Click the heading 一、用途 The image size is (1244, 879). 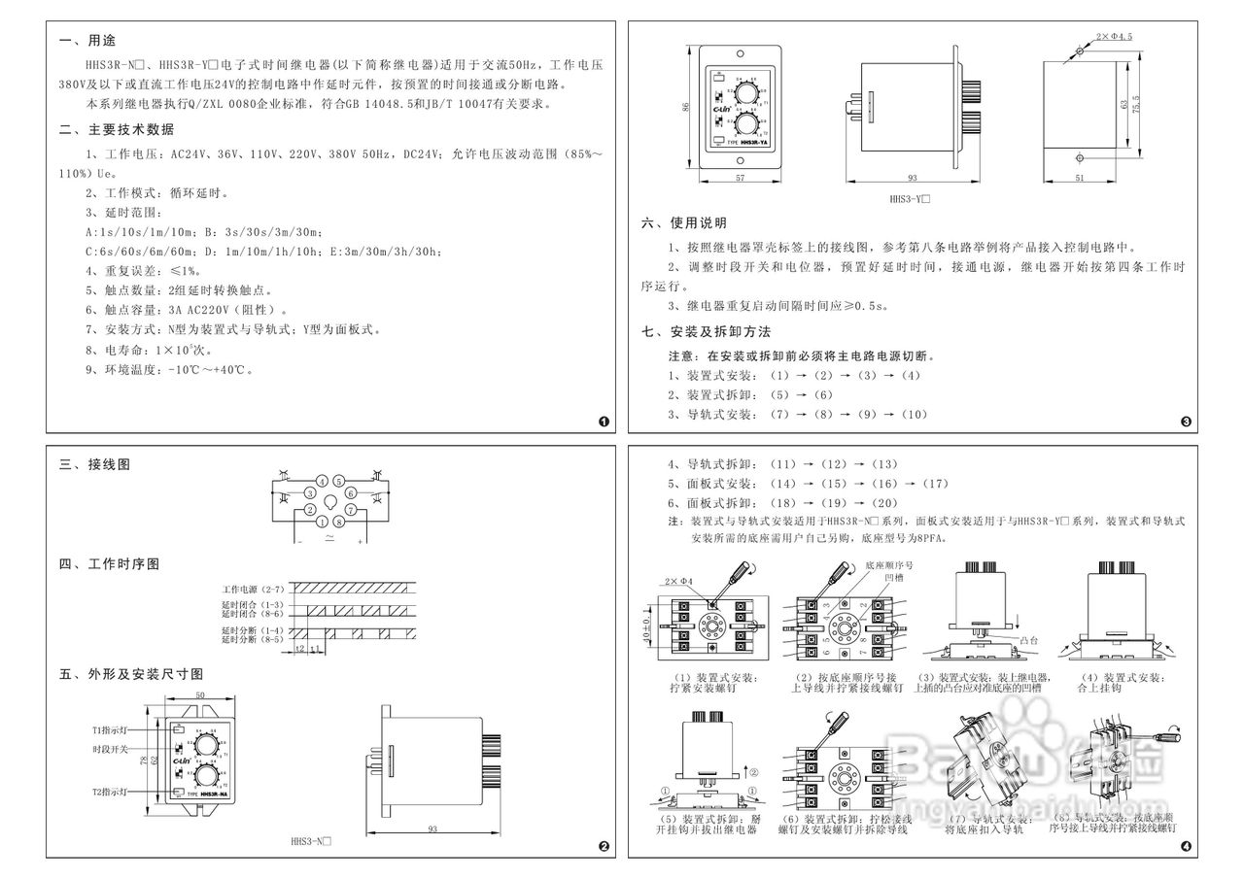pos(87,42)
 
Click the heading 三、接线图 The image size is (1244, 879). pos(94,465)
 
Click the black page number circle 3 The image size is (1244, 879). pos(1185,422)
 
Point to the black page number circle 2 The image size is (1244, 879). pos(604,846)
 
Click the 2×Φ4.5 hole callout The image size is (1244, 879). pos(1114,36)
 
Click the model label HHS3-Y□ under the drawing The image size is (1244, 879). pos(911,200)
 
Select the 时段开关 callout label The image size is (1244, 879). pos(110,749)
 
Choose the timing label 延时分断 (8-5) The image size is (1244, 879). pos(251,640)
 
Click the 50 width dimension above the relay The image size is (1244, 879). pos(199,696)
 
